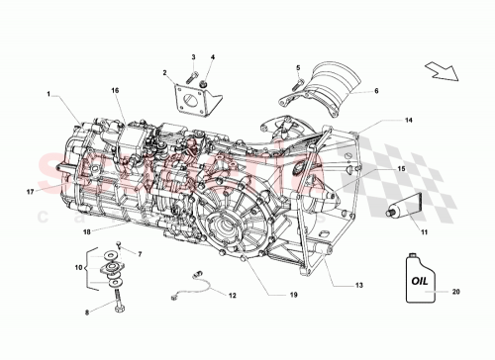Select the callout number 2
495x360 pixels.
click(x=165, y=72)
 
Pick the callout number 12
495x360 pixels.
click(x=233, y=295)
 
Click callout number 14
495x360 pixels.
click(x=380, y=121)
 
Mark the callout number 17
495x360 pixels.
click(x=30, y=192)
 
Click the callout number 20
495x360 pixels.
click(x=456, y=292)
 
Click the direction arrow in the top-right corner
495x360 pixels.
click(x=441, y=71)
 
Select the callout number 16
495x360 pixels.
click(x=115, y=90)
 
